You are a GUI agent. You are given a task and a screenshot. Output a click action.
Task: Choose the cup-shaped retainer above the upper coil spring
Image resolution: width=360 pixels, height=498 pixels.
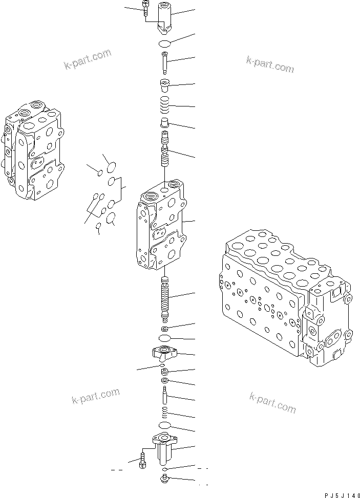click(x=165, y=85)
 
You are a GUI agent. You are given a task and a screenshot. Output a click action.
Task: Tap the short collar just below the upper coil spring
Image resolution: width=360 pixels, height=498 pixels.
click(x=165, y=123)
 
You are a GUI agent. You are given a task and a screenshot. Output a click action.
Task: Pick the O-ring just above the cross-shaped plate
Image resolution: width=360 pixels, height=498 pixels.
click(x=164, y=339)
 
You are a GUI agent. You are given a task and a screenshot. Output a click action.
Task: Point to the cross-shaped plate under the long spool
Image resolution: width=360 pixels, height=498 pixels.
click(x=164, y=352)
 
